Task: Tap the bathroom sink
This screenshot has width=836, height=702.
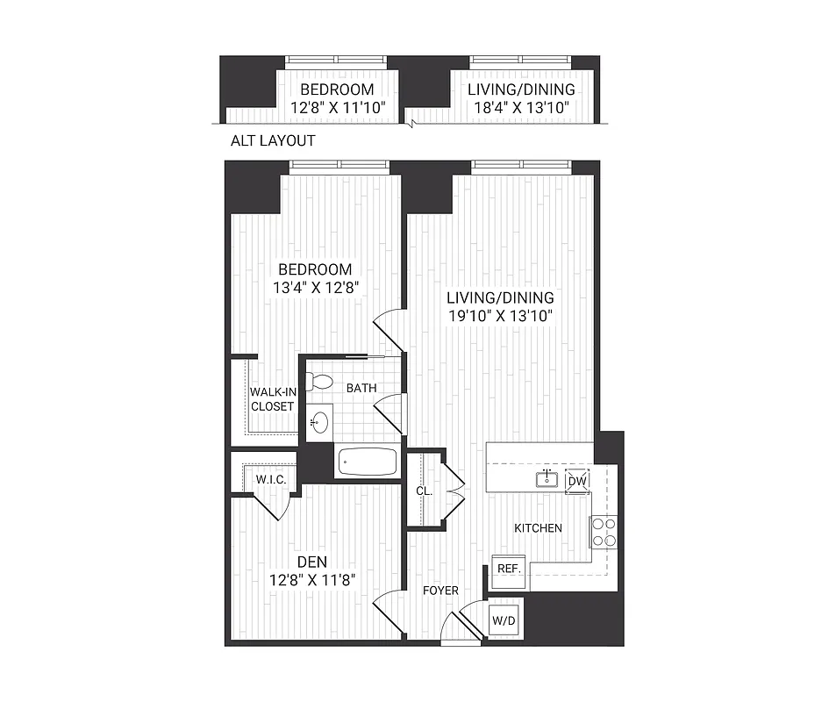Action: click(319, 422)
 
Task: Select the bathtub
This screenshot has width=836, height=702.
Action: click(367, 461)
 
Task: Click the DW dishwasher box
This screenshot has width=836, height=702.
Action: click(576, 481)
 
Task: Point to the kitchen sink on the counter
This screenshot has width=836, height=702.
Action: click(547, 478)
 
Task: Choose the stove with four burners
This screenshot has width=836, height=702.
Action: click(604, 531)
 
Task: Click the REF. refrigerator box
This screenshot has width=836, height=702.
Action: click(509, 569)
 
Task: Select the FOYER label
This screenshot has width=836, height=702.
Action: click(439, 591)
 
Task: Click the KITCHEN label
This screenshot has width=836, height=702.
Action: click(538, 527)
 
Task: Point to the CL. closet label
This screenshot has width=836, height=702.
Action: click(424, 491)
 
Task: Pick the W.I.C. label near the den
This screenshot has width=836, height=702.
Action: click(268, 480)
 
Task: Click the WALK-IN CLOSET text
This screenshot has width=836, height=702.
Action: click(272, 399)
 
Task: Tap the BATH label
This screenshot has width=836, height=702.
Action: click(361, 387)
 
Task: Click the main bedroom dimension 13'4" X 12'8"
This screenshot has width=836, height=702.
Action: click(315, 287)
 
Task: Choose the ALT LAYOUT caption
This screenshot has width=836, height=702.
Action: click(272, 140)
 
